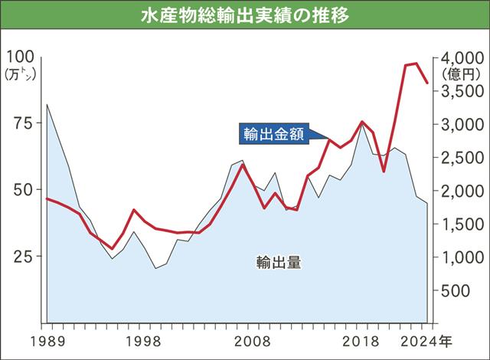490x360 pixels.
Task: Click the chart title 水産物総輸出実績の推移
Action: (x=245, y=15)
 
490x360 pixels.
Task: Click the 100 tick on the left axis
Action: (x=21, y=57)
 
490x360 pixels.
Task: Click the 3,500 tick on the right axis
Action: (x=462, y=91)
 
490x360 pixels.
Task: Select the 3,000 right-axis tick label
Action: (x=462, y=124)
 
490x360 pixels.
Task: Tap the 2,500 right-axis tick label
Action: (x=462, y=158)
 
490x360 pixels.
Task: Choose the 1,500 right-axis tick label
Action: (x=462, y=224)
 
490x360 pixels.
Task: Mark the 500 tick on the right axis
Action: (x=468, y=291)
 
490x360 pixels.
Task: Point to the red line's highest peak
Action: (x=415, y=64)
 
